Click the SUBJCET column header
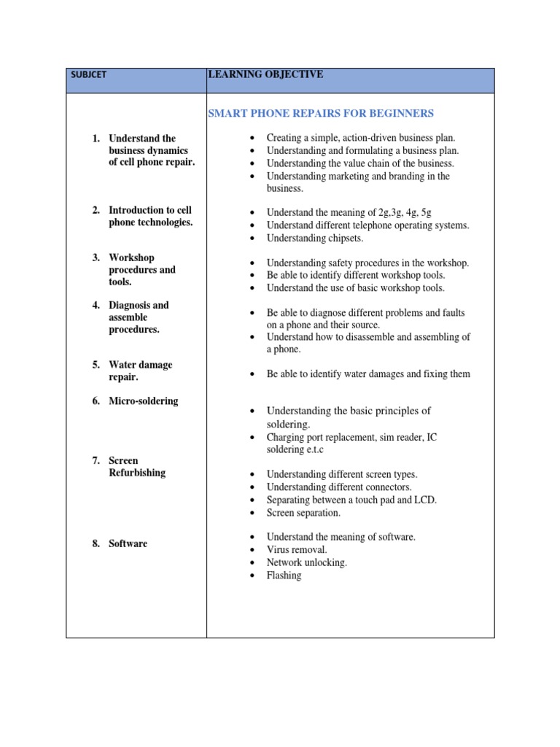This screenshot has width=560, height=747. [x=88, y=75]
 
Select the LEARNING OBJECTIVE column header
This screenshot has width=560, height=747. [x=265, y=74]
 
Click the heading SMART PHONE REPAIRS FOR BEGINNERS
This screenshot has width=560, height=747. [x=321, y=113]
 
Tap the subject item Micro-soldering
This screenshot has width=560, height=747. [x=143, y=401]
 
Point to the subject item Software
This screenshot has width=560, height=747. [x=128, y=543]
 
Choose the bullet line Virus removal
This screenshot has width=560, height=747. [x=297, y=549]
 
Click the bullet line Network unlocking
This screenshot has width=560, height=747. [x=306, y=562]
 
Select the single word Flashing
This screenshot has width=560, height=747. [x=284, y=576]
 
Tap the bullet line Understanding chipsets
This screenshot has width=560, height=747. [x=314, y=238]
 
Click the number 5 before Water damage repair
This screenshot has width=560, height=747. [x=96, y=365]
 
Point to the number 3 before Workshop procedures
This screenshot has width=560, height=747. [x=96, y=258]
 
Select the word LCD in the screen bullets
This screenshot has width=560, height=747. [x=427, y=500]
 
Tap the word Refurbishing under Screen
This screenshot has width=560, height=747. [x=137, y=473]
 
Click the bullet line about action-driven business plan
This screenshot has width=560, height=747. [x=360, y=137]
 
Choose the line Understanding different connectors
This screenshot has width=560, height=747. [x=339, y=487]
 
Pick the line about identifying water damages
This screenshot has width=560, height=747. [x=368, y=374]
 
